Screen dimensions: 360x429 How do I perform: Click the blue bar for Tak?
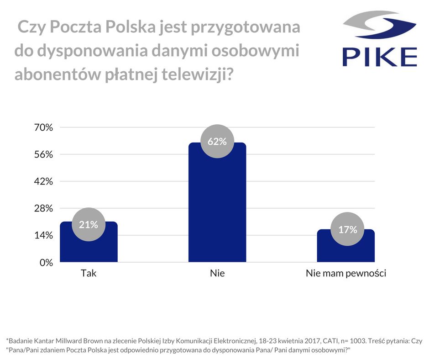point(89,247)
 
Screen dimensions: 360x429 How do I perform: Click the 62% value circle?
point(217,141)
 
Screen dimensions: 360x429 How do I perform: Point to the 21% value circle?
point(89,224)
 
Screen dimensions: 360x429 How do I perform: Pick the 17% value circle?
point(348,229)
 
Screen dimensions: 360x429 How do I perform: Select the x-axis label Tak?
point(89,274)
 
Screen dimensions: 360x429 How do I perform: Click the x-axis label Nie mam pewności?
point(346,274)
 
